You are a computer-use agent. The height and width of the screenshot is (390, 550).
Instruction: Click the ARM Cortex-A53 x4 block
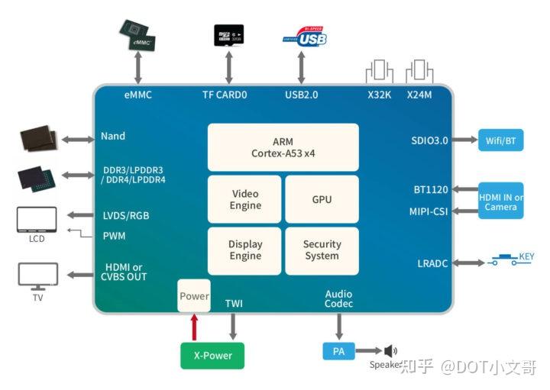pyautogui.click(x=283, y=147)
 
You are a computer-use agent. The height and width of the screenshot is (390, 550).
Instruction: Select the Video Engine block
pyautogui.click(x=245, y=200)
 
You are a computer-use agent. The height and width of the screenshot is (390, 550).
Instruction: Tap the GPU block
pyautogui.click(x=322, y=200)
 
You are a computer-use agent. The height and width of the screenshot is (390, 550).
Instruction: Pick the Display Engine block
pyautogui.click(x=245, y=250)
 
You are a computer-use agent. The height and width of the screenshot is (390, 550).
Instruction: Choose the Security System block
pyautogui.click(x=322, y=250)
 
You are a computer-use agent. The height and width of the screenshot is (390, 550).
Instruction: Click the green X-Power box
pyautogui.click(x=212, y=356)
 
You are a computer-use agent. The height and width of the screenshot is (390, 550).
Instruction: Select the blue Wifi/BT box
pyautogui.click(x=501, y=140)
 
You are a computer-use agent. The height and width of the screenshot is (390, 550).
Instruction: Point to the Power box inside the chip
pyautogui.click(x=194, y=295)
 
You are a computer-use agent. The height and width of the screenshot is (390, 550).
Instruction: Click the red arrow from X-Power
pyautogui.click(x=194, y=327)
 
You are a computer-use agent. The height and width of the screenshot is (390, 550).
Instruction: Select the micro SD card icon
pyautogui.click(x=228, y=35)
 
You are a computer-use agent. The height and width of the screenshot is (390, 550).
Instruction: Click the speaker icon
pyautogui.click(x=390, y=351)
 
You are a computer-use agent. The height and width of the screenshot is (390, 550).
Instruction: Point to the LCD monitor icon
pyautogui.click(x=37, y=220)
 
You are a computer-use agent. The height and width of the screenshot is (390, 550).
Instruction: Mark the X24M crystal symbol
pyautogui.click(x=419, y=72)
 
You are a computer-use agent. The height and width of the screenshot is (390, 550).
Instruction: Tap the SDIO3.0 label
pyautogui.click(x=429, y=140)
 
